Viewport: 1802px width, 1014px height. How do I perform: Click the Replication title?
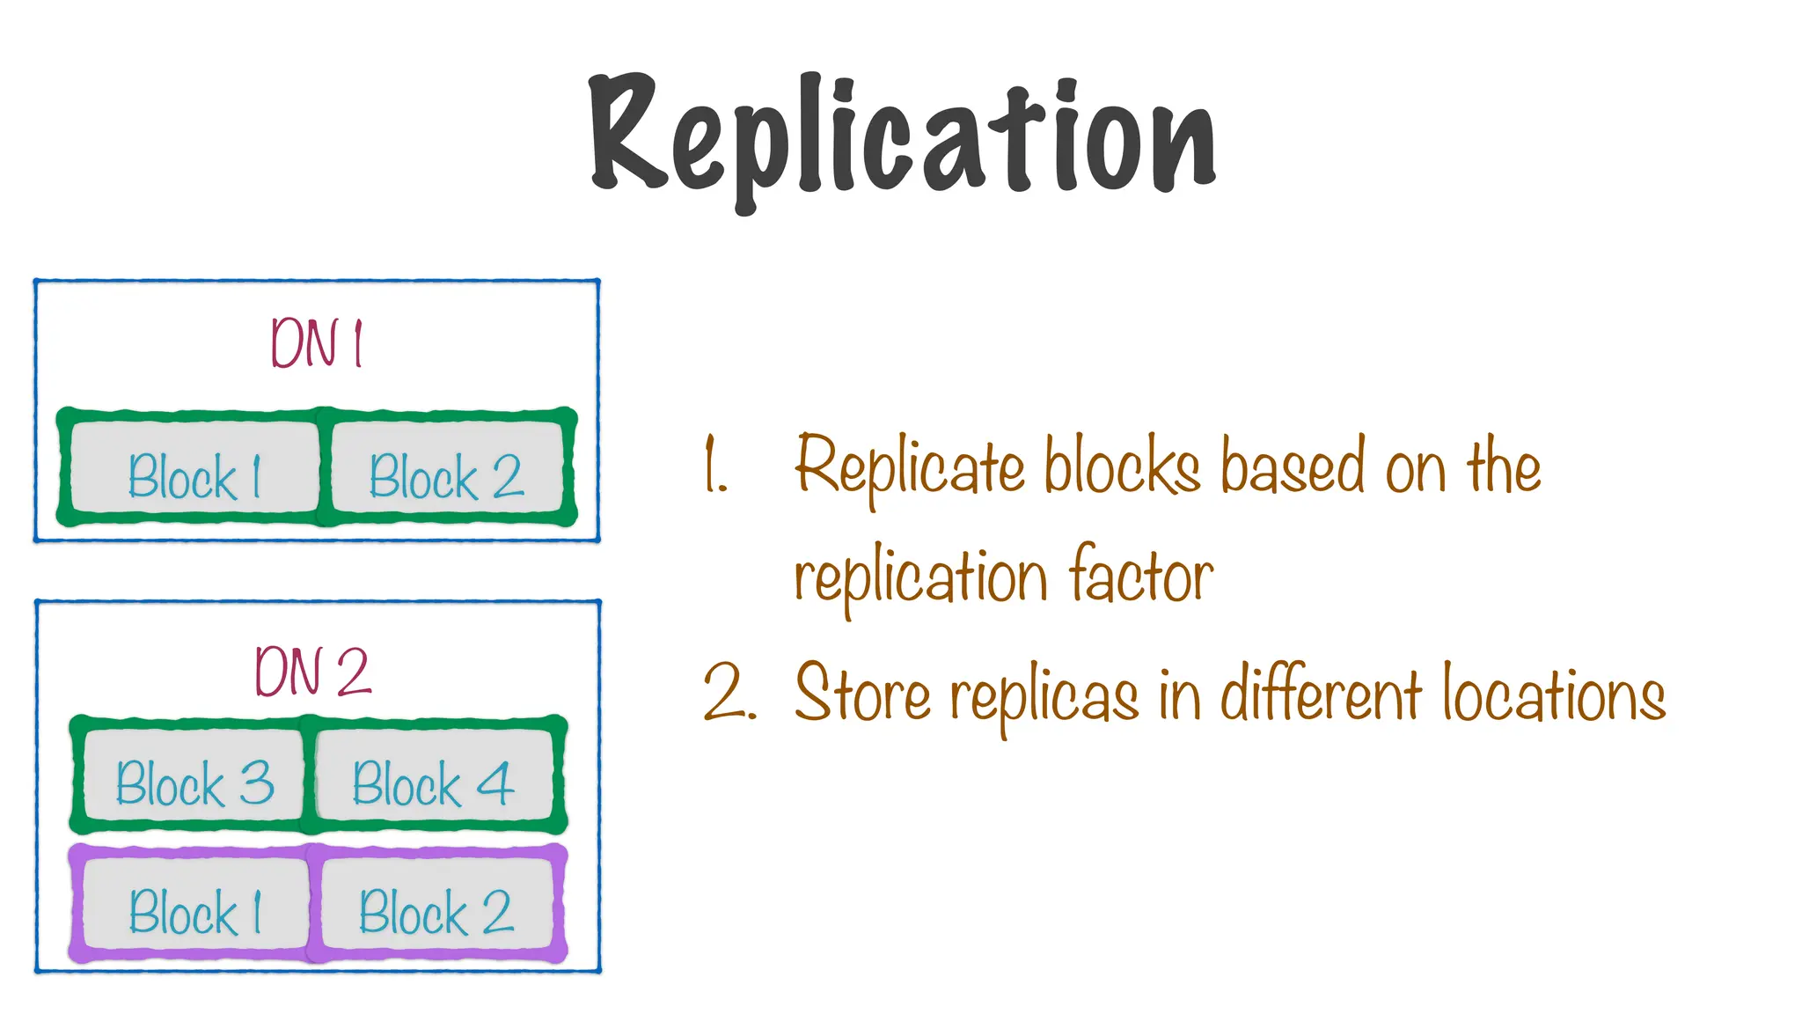tap(903, 136)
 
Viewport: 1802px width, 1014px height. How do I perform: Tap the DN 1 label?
tap(316, 342)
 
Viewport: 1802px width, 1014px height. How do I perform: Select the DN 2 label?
tap(312, 672)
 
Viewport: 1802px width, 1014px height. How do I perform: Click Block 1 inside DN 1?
tap(194, 476)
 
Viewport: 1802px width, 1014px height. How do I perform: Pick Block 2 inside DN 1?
tap(446, 476)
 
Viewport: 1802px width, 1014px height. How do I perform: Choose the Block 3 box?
tap(194, 783)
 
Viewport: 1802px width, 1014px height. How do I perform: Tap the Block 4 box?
tap(433, 783)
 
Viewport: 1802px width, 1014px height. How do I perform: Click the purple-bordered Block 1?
tap(195, 911)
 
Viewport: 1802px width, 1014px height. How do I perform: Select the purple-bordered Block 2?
tap(436, 911)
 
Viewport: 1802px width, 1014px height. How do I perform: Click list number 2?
tap(729, 694)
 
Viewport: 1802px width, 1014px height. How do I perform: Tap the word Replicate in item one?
tap(910, 467)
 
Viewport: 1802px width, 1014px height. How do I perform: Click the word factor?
tap(1140, 577)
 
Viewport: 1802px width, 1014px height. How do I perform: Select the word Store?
tap(862, 694)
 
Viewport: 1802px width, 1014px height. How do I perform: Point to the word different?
tap(1320, 694)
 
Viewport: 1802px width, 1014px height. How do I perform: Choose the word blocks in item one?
tap(1123, 467)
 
